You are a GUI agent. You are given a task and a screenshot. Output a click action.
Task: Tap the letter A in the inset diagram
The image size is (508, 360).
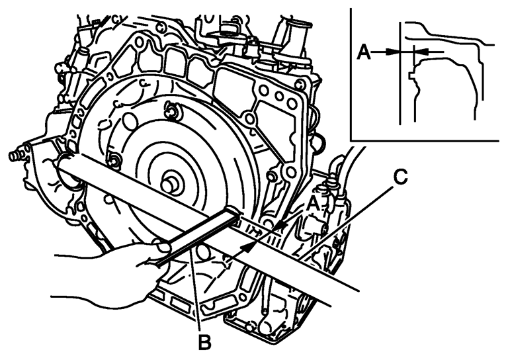point(363,51)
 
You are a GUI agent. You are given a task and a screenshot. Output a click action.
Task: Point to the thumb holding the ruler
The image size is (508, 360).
point(163,247)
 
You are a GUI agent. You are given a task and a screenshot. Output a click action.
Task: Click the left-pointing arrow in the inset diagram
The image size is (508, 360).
point(421,51)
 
